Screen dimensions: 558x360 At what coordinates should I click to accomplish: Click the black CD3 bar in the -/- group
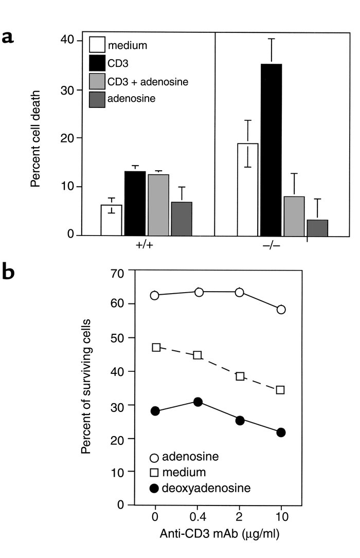(271, 150)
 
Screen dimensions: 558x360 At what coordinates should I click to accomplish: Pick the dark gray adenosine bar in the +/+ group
(181, 219)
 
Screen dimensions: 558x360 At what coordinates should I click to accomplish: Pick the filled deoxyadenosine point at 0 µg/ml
(155, 411)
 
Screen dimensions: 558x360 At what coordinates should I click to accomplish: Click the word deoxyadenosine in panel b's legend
(206, 487)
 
